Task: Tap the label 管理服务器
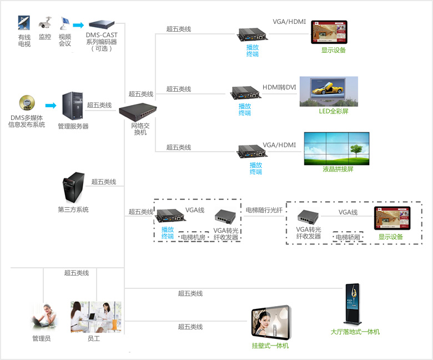pyautogui.click(x=73, y=127)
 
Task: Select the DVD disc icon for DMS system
pyautogui.click(x=26, y=104)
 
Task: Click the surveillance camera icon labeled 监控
pyautogui.click(x=45, y=23)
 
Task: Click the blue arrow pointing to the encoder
pyautogui.click(x=78, y=25)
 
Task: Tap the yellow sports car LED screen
pyautogui.click(x=329, y=92)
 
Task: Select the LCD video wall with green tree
pyautogui.click(x=336, y=149)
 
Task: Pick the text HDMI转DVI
pyautogui.click(x=280, y=87)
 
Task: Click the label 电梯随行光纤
pyautogui.click(x=264, y=211)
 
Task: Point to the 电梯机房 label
pyautogui.click(x=193, y=237)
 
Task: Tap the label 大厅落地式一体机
pyautogui.click(x=355, y=332)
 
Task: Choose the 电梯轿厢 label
pyautogui.click(x=348, y=237)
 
